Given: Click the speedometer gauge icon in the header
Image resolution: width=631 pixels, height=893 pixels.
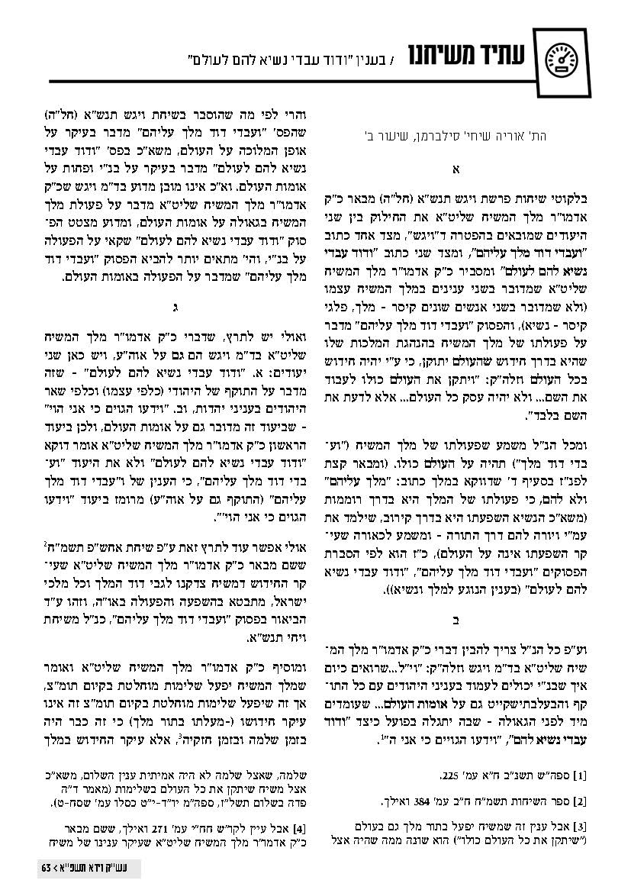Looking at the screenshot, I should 563,58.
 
